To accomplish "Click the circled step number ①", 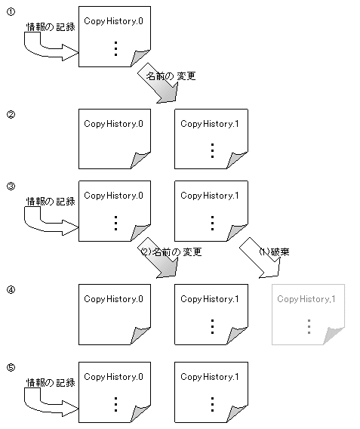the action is pos(11,12).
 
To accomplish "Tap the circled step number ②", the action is pos(11,114).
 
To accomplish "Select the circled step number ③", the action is pos(11,187).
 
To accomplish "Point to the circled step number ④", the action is pos(11,289).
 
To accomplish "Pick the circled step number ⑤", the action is pos(11,367).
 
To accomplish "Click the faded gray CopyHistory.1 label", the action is pos(306,299).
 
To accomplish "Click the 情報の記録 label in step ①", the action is pos(51,27).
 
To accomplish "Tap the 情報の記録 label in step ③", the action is pos(51,202).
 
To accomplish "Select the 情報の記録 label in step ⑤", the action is pos(51,382).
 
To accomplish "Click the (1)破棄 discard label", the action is pos(274,252).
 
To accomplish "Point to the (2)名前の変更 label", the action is pos(171,252).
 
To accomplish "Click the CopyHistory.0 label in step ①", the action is pos(113,21).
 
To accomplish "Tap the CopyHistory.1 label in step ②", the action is pos(210,124).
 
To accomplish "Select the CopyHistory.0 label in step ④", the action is pos(113,299).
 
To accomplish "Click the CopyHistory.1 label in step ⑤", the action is pos(210,377).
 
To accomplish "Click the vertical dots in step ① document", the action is pos(116,48).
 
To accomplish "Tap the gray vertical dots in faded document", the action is pos(309,326).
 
